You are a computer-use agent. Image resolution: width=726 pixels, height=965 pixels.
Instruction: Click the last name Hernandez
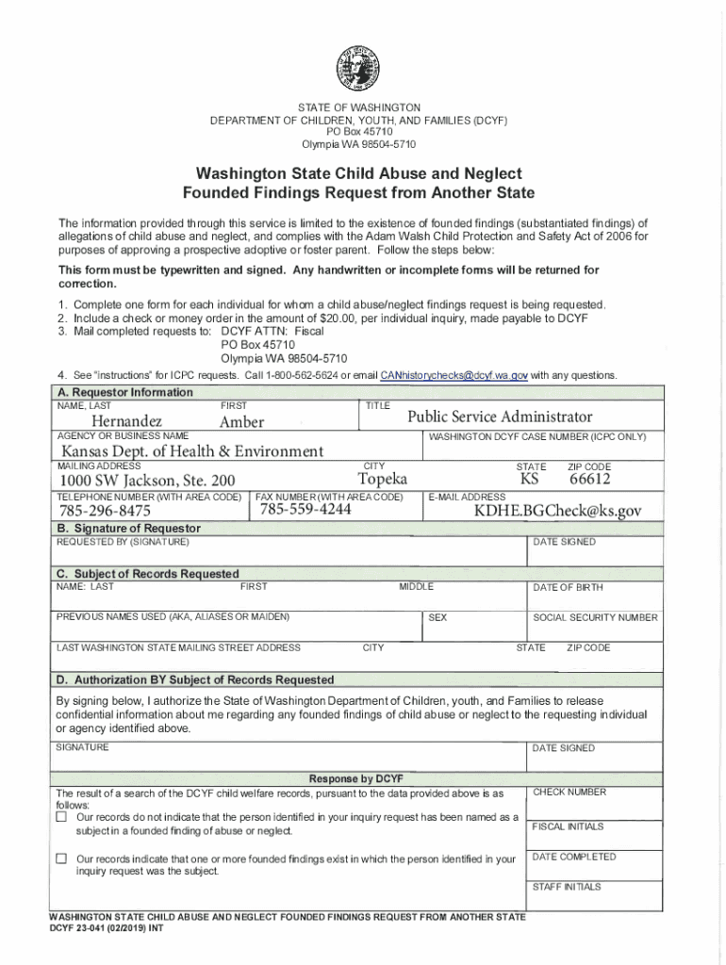126,420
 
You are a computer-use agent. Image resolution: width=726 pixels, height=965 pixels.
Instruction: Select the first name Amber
241,421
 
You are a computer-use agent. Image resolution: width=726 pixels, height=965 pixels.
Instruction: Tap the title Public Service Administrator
500,417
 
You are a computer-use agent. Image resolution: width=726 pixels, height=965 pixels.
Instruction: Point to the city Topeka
383,480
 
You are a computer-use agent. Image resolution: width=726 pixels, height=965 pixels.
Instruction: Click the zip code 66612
589,480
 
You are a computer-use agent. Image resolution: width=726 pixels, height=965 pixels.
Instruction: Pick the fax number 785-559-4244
305,509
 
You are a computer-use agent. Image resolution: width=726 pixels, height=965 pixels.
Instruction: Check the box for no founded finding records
61,817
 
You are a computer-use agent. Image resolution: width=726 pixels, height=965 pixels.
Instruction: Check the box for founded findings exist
61,859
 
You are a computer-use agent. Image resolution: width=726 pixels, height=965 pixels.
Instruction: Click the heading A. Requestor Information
124,392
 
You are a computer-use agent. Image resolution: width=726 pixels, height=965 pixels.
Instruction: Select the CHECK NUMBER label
569,793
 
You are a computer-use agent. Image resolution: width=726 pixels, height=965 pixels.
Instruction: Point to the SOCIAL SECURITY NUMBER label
595,617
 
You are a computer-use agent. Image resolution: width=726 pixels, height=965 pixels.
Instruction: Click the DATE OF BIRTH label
568,587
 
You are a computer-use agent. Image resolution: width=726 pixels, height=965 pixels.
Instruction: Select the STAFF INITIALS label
567,887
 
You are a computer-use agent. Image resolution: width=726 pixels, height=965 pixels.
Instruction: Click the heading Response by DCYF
356,778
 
